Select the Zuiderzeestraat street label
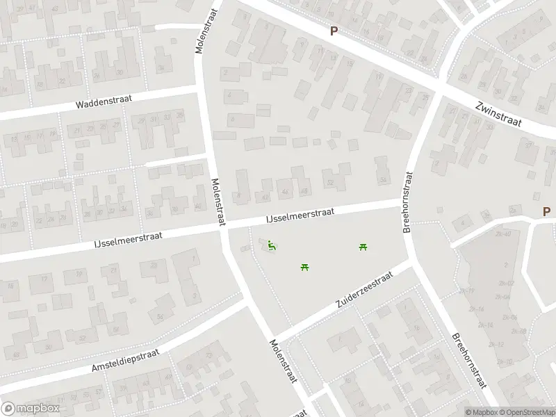coord(363,290)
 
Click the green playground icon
coord(271,245)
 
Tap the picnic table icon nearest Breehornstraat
coord(363,247)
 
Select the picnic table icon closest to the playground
coord(304,266)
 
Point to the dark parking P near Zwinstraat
coord(334,31)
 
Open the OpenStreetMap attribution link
coord(527,411)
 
